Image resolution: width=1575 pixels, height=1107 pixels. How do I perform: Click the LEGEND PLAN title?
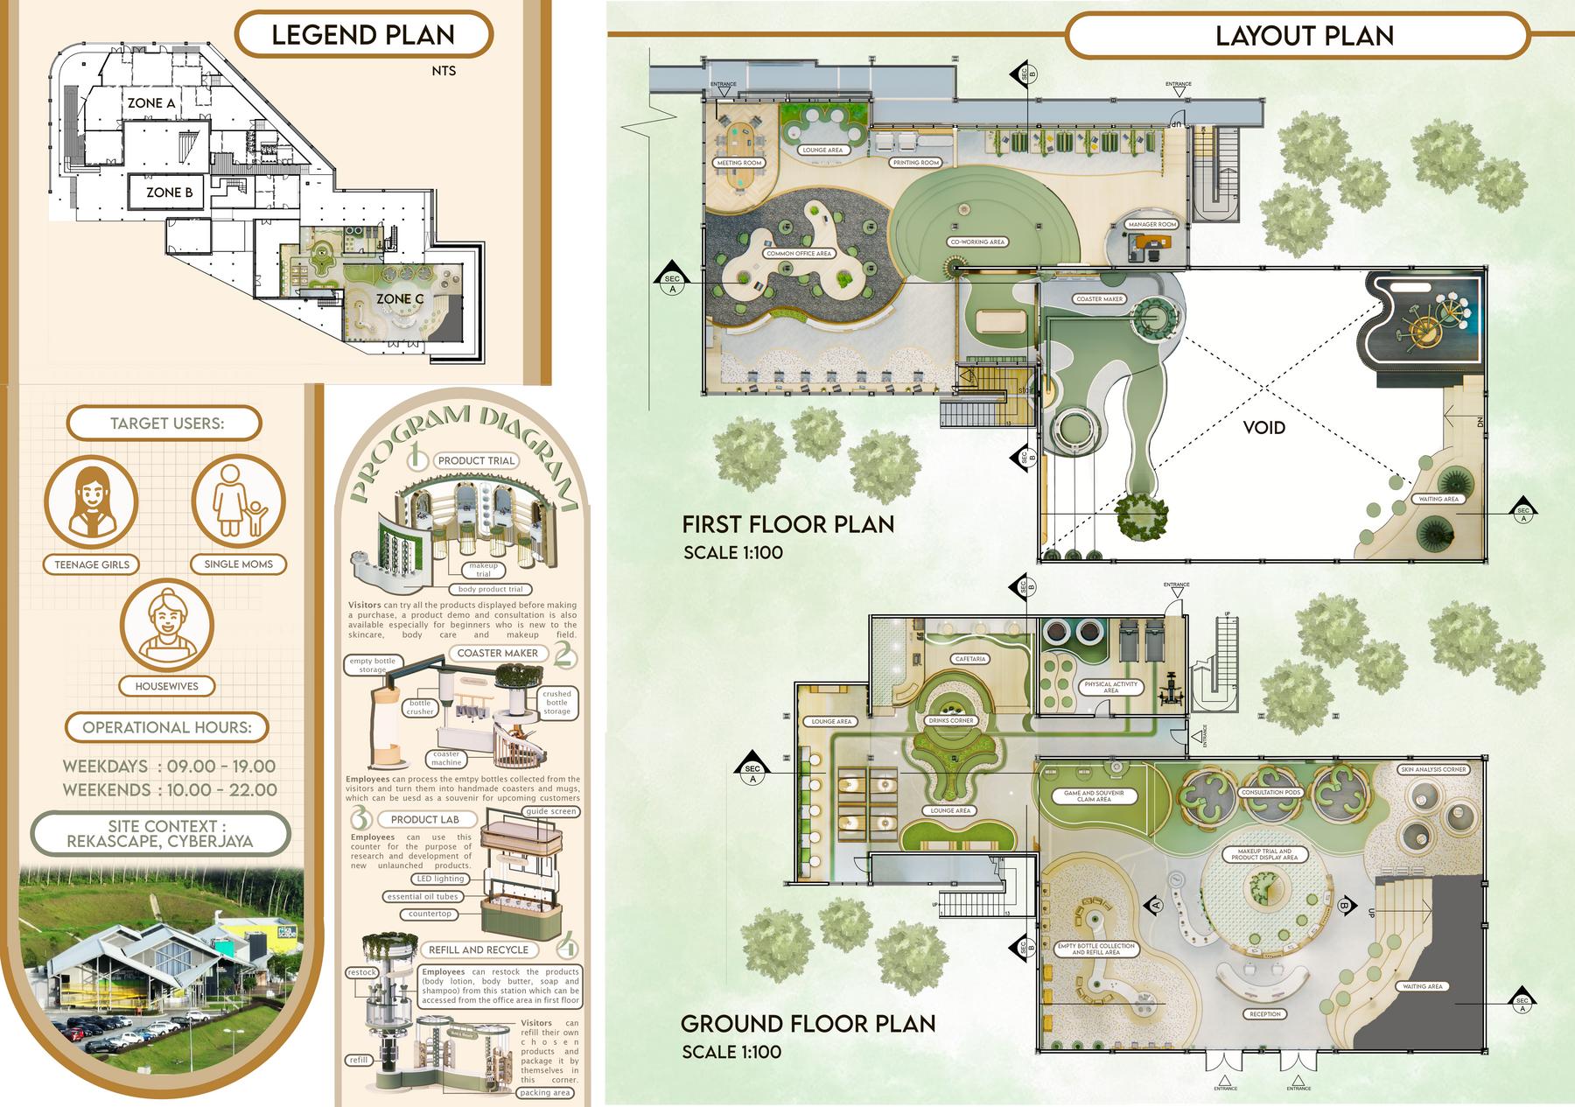(363, 35)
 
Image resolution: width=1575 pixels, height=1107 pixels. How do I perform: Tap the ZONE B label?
(169, 192)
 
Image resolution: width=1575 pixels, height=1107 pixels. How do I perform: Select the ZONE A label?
(151, 103)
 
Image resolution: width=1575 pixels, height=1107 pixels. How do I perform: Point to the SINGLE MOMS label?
(238, 564)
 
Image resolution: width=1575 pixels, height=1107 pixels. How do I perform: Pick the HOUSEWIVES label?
(166, 686)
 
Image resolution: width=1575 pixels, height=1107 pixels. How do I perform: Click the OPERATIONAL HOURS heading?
(166, 727)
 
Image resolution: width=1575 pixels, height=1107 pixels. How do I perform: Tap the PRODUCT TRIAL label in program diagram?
(477, 460)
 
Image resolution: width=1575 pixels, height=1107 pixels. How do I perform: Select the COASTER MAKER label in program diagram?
(498, 653)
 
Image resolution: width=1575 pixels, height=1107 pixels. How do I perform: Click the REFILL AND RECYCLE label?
(479, 949)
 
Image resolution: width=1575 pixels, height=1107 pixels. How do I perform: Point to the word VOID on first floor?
(1264, 428)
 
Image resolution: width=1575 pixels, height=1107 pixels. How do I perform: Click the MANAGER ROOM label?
(1152, 225)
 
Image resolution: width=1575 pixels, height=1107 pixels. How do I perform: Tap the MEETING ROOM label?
(739, 163)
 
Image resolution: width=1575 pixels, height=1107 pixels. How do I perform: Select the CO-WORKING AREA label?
(977, 242)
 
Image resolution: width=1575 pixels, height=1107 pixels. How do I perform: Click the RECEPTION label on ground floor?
(1265, 1014)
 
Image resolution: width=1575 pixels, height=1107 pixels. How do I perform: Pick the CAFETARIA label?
(970, 659)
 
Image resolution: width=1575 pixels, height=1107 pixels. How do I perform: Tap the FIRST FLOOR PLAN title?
(787, 524)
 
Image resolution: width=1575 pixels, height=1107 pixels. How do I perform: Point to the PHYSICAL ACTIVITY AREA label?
(1110, 687)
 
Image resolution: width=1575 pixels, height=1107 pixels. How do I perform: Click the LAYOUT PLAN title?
(1304, 36)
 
